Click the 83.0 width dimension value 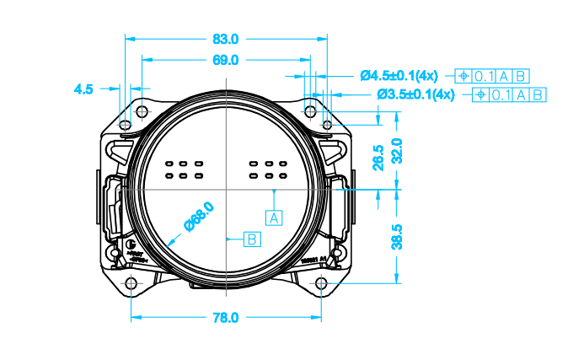(226, 39)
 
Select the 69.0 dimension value (226, 60)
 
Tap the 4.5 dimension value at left (83, 87)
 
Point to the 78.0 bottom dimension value (226, 318)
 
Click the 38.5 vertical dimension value (397, 237)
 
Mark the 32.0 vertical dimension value (397, 152)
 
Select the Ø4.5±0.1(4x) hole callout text (403, 76)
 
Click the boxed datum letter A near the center (275, 217)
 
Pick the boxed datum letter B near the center (252, 239)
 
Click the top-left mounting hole (126, 125)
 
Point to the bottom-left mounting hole (131, 282)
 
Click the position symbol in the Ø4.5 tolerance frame (463, 76)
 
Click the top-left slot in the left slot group (169, 163)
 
